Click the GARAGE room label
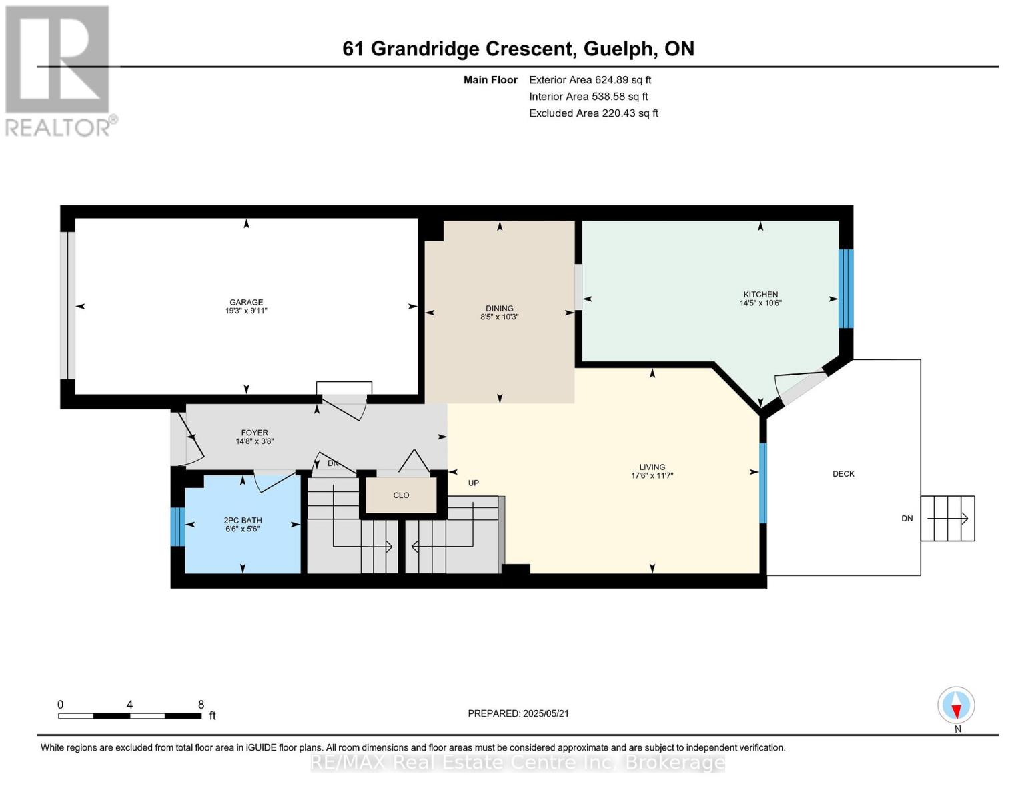pyautogui.click(x=246, y=302)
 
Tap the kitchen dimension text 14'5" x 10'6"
pyautogui.click(x=760, y=303)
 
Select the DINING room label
pyautogui.click(x=500, y=308)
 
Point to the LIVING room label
pyautogui.click(x=652, y=467)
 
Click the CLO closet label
pyautogui.click(x=401, y=495)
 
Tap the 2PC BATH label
pyautogui.click(x=243, y=520)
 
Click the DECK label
pyautogui.click(x=843, y=473)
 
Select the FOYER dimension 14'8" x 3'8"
pyautogui.click(x=255, y=441)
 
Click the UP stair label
pyautogui.click(x=474, y=483)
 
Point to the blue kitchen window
pyautogui.click(x=846, y=289)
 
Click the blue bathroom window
pyautogui.click(x=177, y=527)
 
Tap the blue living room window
pyautogui.click(x=762, y=483)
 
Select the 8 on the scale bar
pyautogui.click(x=201, y=704)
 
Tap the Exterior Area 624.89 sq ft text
pyautogui.click(x=590, y=80)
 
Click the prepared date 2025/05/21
pyautogui.click(x=546, y=713)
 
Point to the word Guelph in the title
pyautogui.click(x=618, y=49)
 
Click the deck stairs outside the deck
pyautogui.click(x=947, y=519)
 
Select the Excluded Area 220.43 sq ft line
pyautogui.click(x=594, y=113)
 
